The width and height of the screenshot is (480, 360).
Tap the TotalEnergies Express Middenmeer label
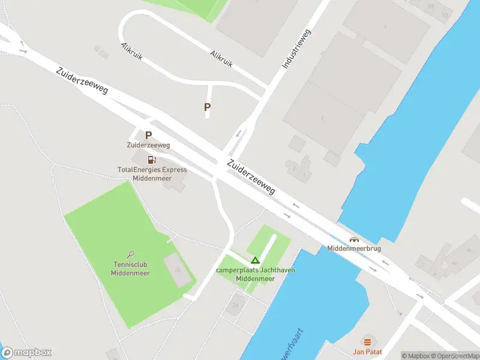pyautogui.click(x=152, y=174)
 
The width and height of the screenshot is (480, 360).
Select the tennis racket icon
pyautogui.click(x=131, y=254)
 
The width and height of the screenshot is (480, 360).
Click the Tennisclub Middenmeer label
pyautogui.click(x=130, y=269)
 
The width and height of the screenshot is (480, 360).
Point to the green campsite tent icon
pyautogui.click(x=255, y=260)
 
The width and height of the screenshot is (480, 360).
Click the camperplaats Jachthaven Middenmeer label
pyautogui.click(x=255, y=274)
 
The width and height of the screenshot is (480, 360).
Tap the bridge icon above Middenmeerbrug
pyautogui.click(x=353, y=239)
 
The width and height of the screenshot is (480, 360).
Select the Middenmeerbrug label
pyautogui.click(x=354, y=248)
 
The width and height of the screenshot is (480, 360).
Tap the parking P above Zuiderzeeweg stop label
pyautogui.click(x=148, y=136)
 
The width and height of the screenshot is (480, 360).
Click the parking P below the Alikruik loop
pyautogui.click(x=208, y=107)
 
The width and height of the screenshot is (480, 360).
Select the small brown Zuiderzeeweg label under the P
pyautogui.click(x=148, y=145)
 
